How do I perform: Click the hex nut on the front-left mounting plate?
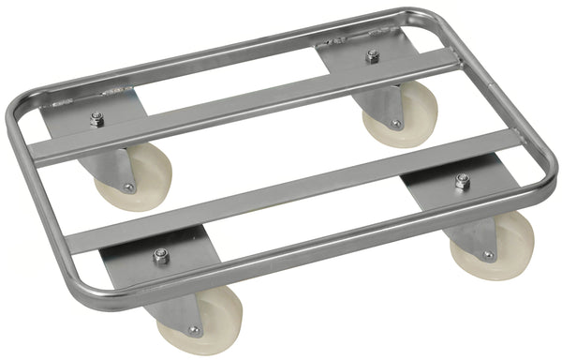(161, 256)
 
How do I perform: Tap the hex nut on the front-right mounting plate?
(462, 181)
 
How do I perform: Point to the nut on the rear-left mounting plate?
(96, 119)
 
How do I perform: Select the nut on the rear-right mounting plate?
(372, 57)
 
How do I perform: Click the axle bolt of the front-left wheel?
(193, 329)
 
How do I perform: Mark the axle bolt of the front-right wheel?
(486, 255)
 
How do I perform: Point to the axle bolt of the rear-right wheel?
(395, 124)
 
